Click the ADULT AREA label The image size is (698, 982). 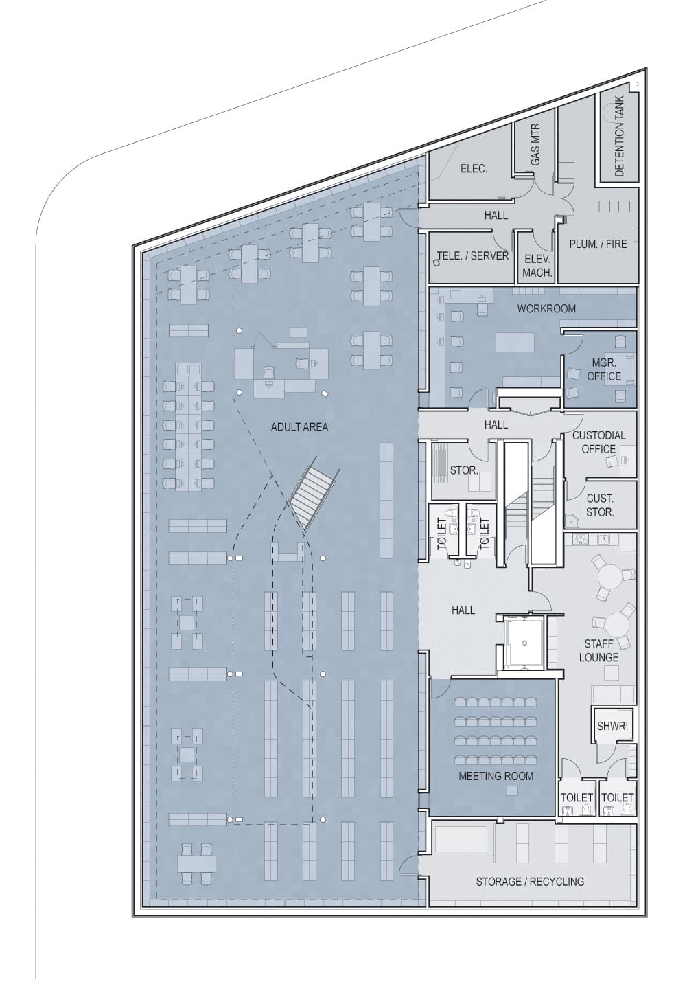pos(299,426)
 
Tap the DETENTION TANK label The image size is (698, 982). pos(619,137)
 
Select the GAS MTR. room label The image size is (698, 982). pos(535,142)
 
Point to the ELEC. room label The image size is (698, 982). pos(474,168)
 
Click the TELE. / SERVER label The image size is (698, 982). pos(473,255)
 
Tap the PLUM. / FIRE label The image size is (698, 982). pos(598,244)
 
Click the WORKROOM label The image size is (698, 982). pos(546,308)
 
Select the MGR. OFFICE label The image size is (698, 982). pos(604,369)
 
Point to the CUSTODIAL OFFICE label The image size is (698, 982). pos(599,442)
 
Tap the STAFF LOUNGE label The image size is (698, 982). pos(598,650)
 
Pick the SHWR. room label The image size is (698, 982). pos(612,726)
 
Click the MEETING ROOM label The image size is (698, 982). pos(496,776)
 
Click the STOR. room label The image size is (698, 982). pos(463,470)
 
